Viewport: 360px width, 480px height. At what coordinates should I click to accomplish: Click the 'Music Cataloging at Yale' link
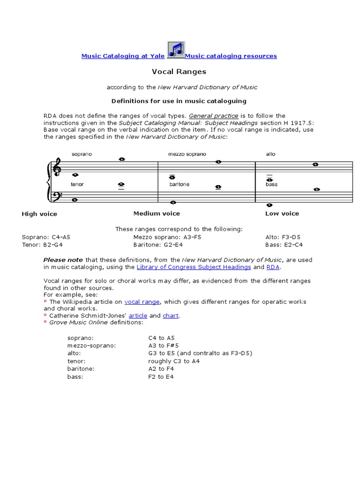tap(123, 56)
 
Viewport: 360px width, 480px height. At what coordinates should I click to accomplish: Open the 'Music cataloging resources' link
tap(231, 56)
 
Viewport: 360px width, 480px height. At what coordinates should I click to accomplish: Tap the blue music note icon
tap(176, 50)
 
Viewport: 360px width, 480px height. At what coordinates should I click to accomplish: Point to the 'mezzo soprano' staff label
tap(187, 154)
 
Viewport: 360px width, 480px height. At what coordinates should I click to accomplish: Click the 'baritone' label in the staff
tap(180, 185)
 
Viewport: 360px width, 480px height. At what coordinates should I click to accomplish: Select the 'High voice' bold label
tap(39, 214)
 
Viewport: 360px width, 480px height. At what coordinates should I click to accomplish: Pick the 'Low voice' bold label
tap(282, 213)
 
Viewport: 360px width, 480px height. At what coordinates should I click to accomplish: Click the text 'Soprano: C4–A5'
tap(46, 237)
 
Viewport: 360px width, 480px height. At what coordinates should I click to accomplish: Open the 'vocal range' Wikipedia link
tap(142, 302)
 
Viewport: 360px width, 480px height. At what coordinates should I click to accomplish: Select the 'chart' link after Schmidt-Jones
tap(171, 316)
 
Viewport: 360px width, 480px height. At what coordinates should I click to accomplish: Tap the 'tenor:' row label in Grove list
tap(75, 361)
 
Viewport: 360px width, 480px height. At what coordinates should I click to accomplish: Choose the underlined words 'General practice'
tap(219, 116)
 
